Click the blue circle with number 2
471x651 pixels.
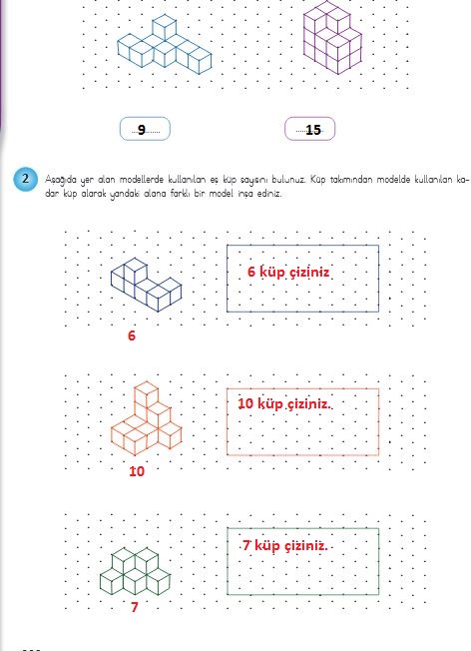coord(25,179)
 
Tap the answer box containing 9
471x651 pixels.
coord(145,129)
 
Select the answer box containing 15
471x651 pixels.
coord(309,129)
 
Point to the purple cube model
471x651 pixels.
coord(332,37)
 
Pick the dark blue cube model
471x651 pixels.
coord(146,285)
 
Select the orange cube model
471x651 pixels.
coord(146,417)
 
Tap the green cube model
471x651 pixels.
coord(135,572)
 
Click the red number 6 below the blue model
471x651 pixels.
coord(132,335)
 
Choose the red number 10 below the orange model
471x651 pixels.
coord(137,471)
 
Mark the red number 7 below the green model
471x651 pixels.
coord(134,607)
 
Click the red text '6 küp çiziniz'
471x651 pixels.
coord(288,272)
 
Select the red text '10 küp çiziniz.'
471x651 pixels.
coord(284,403)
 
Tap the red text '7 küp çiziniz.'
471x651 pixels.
coord(285,545)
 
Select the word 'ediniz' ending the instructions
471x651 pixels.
coord(269,194)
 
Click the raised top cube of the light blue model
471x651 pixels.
coord(164,27)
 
